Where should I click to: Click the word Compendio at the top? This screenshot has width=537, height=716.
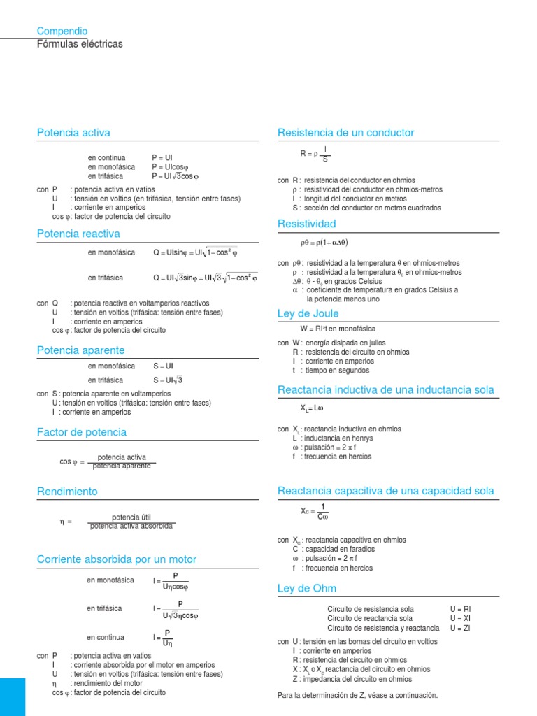click(62, 31)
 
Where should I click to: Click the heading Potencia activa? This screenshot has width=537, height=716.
click(73, 132)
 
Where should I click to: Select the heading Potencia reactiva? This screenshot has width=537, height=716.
click(78, 234)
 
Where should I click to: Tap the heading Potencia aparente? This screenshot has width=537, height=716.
click(80, 350)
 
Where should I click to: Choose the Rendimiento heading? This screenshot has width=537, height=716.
click(67, 492)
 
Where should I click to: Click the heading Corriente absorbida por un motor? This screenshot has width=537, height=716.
click(117, 559)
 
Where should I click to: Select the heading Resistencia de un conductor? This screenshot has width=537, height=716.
click(345, 132)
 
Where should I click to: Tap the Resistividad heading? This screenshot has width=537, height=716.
click(307, 224)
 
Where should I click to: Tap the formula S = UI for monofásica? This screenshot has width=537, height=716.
click(164, 366)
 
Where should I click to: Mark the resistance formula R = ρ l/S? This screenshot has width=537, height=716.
click(315, 154)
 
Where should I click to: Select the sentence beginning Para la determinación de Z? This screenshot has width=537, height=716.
click(357, 695)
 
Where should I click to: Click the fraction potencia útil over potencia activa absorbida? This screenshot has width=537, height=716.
click(131, 522)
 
